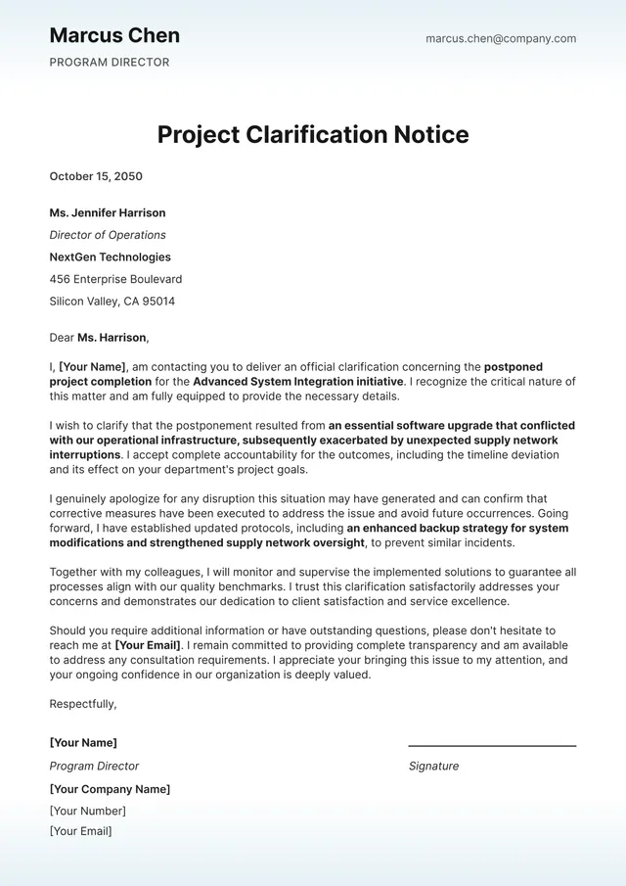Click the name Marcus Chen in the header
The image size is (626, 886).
(x=114, y=36)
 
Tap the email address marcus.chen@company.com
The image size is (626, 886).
(x=501, y=39)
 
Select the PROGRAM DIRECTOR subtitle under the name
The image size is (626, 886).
(x=110, y=63)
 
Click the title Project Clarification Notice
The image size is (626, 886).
(x=313, y=134)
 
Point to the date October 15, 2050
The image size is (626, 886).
(x=96, y=177)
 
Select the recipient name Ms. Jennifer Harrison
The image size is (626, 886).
(x=108, y=213)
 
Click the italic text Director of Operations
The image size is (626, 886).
(x=108, y=235)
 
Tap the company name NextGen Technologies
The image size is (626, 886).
(x=110, y=257)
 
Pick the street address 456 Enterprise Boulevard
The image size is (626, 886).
(x=115, y=280)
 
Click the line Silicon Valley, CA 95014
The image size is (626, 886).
(x=112, y=302)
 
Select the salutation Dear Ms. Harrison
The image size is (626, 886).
(x=99, y=338)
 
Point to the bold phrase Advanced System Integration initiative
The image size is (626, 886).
(x=298, y=382)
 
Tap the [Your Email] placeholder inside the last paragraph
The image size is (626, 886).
(x=149, y=646)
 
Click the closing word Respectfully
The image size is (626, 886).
(x=83, y=704)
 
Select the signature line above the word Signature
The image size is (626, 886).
(x=492, y=746)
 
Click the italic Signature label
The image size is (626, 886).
(x=433, y=767)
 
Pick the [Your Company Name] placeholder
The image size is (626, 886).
(x=110, y=789)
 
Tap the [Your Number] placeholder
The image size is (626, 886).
(x=88, y=811)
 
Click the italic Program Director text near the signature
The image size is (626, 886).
(x=95, y=767)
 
